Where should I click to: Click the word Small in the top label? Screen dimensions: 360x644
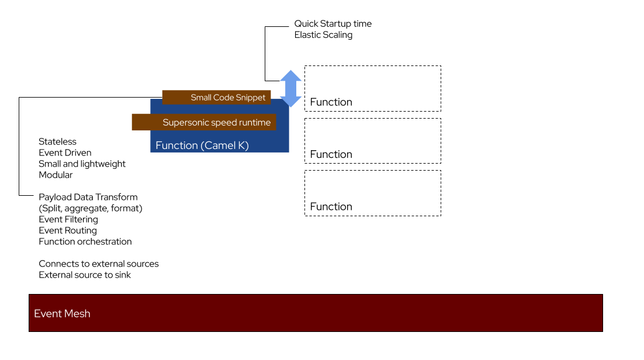[x=201, y=98]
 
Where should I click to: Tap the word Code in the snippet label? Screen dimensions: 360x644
[x=223, y=98]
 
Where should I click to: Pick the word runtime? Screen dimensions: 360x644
[x=254, y=123]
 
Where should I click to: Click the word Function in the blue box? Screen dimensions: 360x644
[x=176, y=146]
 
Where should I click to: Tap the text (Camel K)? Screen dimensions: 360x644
[x=225, y=146]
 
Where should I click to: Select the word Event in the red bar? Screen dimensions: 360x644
[x=47, y=314]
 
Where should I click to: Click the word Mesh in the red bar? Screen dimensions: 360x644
[x=77, y=314]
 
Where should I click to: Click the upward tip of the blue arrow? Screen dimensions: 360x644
[x=290, y=71]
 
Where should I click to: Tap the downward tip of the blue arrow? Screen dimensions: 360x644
[x=290, y=106]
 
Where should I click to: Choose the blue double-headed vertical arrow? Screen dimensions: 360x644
[x=290, y=88]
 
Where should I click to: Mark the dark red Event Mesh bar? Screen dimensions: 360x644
[x=316, y=313]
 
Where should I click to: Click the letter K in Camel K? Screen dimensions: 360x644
[x=242, y=146]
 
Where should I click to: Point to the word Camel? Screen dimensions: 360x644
[x=219, y=146]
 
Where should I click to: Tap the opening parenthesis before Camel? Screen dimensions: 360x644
[x=202, y=146]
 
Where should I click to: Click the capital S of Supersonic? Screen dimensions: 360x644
[x=165, y=123]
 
